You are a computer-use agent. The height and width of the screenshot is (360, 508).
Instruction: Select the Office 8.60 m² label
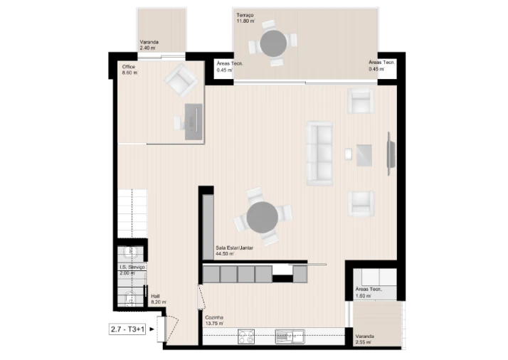click(x=129, y=70)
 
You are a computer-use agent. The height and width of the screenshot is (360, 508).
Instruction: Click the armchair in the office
click(x=181, y=80)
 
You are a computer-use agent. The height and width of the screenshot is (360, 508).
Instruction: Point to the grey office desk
click(x=194, y=121)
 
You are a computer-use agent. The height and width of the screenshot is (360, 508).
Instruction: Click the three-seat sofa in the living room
click(x=319, y=153)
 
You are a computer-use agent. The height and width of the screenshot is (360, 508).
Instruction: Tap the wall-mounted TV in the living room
click(x=389, y=153)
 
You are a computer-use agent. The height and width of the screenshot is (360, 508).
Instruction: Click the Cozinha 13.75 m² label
click(x=213, y=320)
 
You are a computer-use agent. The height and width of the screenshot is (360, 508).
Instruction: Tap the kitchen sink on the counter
click(x=290, y=335)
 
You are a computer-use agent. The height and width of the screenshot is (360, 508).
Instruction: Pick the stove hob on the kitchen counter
click(x=247, y=336)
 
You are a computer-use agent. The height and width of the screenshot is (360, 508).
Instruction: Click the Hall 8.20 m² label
click(x=158, y=300)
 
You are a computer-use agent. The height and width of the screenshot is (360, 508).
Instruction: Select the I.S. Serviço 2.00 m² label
click(x=132, y=270)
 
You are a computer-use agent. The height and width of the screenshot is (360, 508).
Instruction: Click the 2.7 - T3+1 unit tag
click(x=127, y=329)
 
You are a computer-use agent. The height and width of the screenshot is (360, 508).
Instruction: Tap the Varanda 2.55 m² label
click(x=368, y=340)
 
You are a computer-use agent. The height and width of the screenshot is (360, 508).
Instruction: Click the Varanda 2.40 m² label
click(x=150, y=44)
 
